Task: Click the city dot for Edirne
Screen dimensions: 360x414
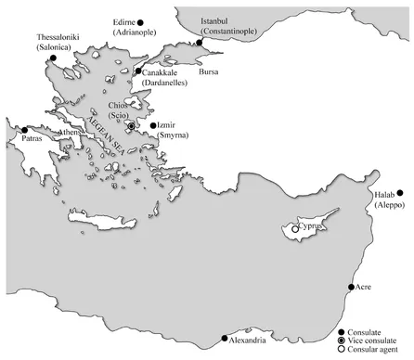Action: tap(141, 21)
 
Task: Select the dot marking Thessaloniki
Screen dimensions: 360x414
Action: tap(54, 59)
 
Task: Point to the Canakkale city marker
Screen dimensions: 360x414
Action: tap(138, 71)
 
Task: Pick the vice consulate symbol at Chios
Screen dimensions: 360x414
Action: tap(132, 125)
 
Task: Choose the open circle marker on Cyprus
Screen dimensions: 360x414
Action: tap(295, 228)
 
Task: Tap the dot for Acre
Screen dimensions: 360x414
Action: tap(351, 288)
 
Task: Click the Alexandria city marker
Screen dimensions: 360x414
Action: tap(224, 338)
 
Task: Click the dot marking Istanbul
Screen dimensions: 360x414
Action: tap(200, 43)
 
